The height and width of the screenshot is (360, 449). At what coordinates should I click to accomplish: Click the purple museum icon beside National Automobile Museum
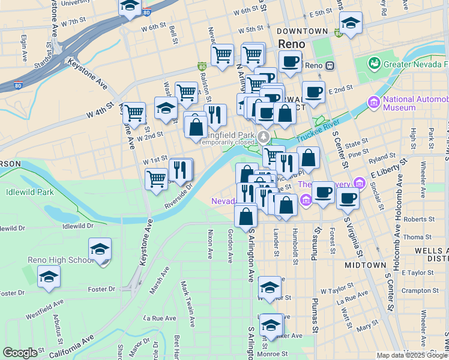click(375, 103)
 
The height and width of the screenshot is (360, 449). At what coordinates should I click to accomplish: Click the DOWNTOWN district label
click(303, 31)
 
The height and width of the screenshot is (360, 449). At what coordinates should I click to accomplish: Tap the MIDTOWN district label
click(365, 265)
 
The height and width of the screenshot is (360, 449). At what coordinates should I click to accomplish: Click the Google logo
click(20, 353)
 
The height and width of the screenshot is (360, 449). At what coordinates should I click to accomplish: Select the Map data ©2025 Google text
click(412, 355)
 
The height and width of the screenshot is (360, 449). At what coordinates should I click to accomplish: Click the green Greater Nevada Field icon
click(375, 63)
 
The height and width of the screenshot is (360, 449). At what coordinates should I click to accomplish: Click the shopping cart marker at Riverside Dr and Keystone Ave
click(156, 178)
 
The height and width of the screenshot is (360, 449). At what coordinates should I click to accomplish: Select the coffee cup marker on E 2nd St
click(313, 92)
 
